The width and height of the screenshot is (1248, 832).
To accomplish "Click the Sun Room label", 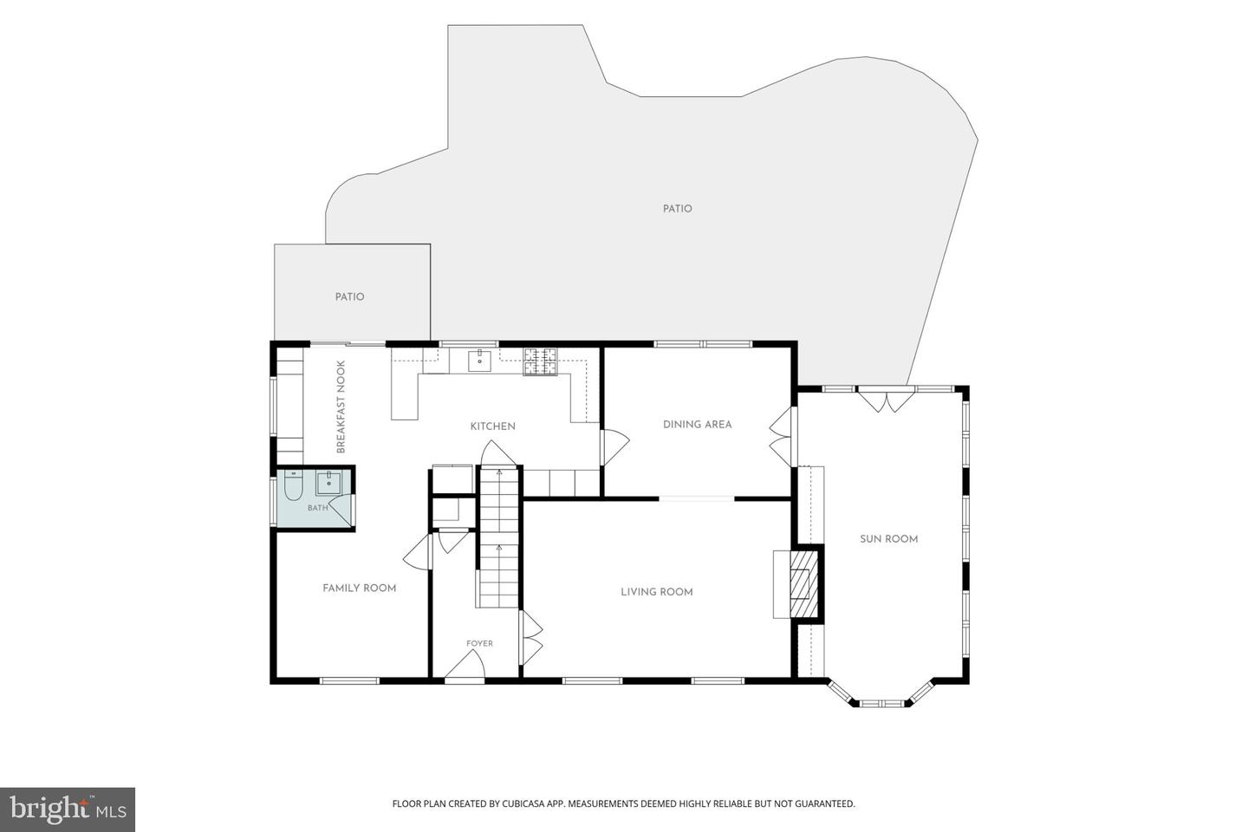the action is tap(888, 539).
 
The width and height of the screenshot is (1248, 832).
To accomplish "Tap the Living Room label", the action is tap(657, 592).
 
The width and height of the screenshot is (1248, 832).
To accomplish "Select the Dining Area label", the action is tap(697, 424).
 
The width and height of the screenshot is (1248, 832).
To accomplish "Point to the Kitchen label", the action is tap(492, 426).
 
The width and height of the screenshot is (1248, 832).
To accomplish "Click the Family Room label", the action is tap(360, 588).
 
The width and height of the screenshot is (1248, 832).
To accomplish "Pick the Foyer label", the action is tap(480, 644).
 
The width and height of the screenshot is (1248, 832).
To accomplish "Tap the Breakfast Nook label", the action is tap(341, 406).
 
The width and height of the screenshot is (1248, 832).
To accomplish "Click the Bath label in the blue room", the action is tap(317, 508).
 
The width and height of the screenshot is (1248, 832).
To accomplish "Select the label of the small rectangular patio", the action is tap(350, 297).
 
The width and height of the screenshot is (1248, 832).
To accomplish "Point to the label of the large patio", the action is tap(678, 209).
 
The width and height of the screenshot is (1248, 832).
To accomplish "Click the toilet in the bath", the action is tap(293, 485).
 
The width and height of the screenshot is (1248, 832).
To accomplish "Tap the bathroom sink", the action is tap(329, 483).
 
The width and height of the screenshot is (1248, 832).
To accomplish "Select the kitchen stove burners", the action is tap(540, 361).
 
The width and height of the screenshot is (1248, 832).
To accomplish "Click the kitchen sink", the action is tap(479, 360).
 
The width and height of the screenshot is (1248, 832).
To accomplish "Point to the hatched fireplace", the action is tap(802, 583).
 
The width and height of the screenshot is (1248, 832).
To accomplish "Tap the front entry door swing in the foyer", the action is tap(465, 664).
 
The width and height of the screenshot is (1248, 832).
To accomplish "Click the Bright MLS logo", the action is tap(68, 809).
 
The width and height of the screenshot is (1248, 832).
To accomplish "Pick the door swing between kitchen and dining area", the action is tap(615, 446).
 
